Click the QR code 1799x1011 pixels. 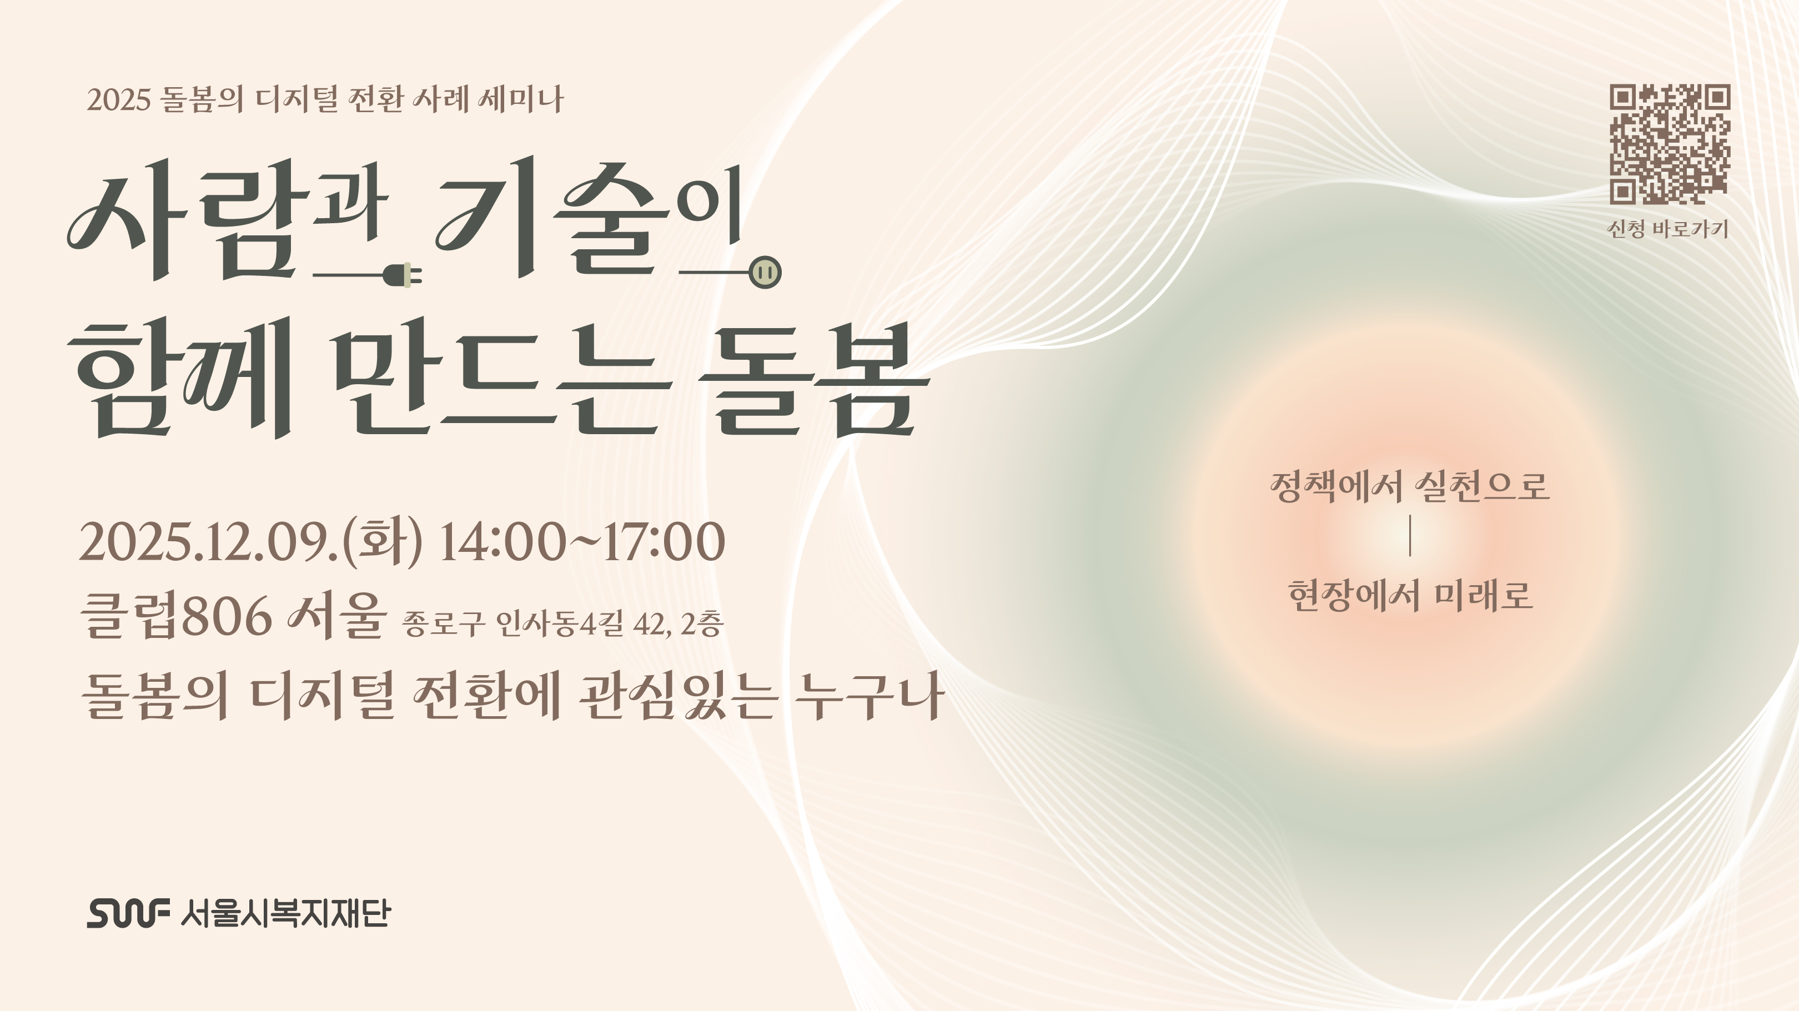pos(1670,144)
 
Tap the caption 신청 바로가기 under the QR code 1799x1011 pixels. pos(1668,229)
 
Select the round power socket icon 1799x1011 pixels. pos(765,272)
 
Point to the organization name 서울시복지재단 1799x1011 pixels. pos(285,913)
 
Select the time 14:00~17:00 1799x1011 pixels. pos(582,542)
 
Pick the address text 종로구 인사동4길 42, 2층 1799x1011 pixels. pos(562,623)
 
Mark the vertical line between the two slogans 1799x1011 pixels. pos(1410,539)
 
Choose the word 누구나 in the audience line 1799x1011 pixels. pos(870,696)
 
